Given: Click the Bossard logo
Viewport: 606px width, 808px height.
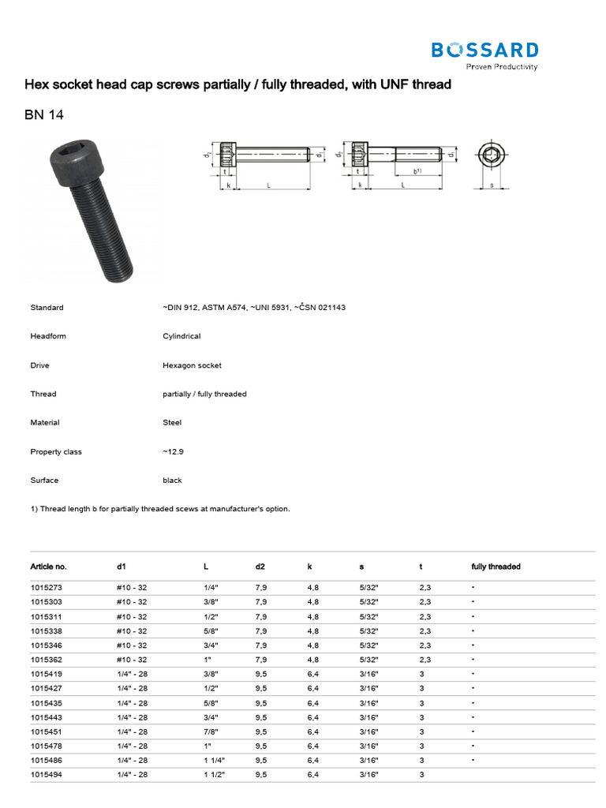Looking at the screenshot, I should pos(484,54).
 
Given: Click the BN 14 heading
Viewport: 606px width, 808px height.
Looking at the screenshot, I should pos(44,115).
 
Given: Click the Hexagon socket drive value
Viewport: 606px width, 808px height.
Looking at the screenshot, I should pos(192,365).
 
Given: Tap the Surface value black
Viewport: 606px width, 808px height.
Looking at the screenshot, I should pos(172,480).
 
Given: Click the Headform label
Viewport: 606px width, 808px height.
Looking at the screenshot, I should pos(48,336).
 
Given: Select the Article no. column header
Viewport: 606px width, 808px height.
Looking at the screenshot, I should pos(49,567).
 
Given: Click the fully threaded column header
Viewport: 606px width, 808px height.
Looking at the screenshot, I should pos(496,567).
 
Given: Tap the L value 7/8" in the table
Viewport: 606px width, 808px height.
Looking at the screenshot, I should pos(211,731).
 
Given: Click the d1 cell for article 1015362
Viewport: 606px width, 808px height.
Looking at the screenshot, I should pos(132,659).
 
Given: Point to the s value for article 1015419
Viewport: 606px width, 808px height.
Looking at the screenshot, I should pos(368,674).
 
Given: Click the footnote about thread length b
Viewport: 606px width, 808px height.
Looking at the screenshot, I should pos(160,509).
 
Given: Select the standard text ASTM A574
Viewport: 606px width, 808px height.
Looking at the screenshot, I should pos(227,307).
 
